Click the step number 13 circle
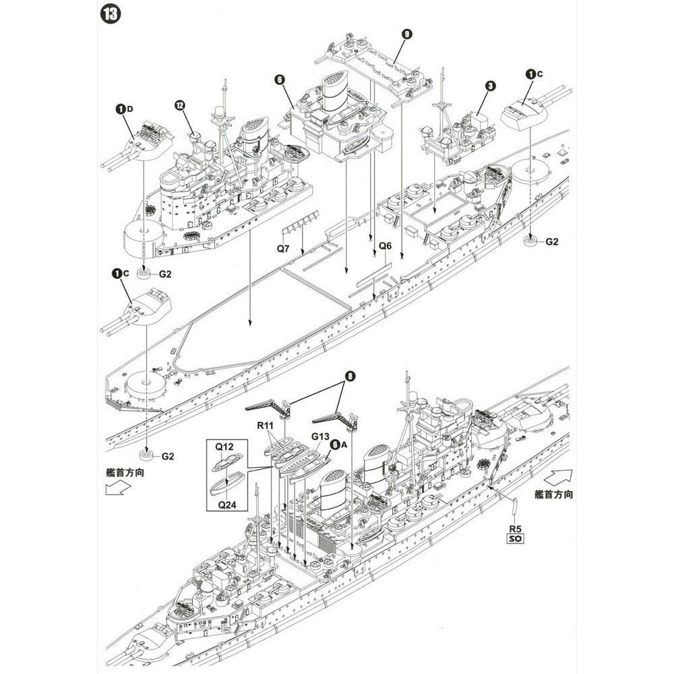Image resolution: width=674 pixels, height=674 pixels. click(x=110, y=14)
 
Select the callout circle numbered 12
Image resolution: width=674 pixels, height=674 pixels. click(x=179, y=105)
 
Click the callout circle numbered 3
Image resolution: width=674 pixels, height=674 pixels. click(x=491, y=86)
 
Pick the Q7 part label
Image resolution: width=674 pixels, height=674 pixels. click(x=284, y=249)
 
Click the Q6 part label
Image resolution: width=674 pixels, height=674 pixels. click(x=385, y=246)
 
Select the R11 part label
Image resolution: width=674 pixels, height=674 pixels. click(x=266, y=426)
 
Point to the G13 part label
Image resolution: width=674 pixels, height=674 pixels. click(x=320, y=435)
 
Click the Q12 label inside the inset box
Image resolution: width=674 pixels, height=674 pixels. click(x=224, y=447)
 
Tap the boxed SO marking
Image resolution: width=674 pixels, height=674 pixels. click(x=515, y=539)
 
